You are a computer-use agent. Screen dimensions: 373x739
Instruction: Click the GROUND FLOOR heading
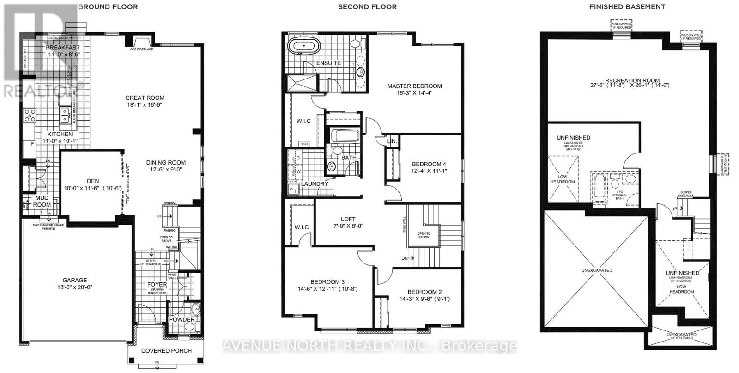(108, 6)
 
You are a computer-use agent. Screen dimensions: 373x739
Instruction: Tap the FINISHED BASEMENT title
(627, 6)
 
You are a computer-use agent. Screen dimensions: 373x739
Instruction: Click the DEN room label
(93, 181)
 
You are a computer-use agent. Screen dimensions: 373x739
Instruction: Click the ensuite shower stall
(303, 83)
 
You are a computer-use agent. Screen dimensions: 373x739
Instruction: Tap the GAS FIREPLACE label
(141, 49)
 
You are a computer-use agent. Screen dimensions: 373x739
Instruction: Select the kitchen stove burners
(30, 116)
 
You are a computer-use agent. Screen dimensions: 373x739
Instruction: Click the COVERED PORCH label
(166, 350)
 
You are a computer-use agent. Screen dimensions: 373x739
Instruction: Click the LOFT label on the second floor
(348, 219)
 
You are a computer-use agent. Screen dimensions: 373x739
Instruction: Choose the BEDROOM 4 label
(429, 164)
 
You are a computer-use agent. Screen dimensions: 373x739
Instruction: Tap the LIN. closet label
(392, 141)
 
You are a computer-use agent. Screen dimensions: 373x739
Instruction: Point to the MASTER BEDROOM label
(414, 86)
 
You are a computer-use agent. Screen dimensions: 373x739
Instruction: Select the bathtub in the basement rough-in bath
(599, 189)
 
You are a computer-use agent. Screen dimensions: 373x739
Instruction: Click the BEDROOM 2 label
(424, 292)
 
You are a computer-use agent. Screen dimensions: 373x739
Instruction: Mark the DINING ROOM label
(166, 162)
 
